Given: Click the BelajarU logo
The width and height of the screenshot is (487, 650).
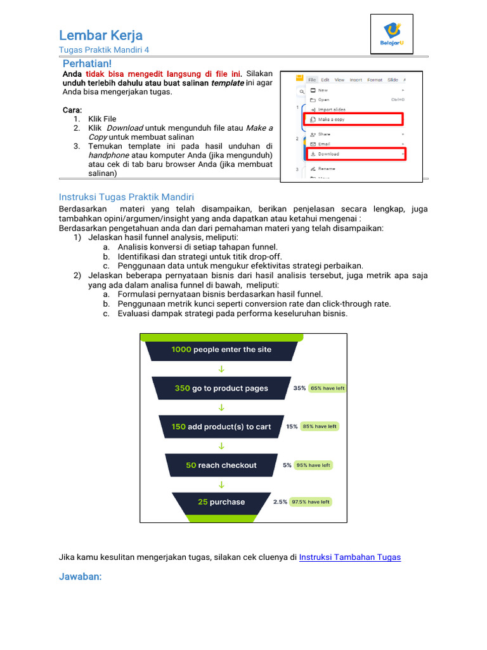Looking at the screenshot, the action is tap(391, 34).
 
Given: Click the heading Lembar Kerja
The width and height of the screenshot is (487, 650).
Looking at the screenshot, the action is tap(101, 35).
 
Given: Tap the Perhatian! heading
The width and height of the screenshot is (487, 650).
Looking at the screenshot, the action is tap(87, 63).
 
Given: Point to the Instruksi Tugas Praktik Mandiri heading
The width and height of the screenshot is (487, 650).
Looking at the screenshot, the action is tap(126, 197).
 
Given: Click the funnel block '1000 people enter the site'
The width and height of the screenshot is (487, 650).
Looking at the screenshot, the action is tap(221, 350).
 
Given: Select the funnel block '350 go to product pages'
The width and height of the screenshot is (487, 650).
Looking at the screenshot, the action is tap(221, 388).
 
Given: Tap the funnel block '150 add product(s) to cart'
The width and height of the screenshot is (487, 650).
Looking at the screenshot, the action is tap(221, 427).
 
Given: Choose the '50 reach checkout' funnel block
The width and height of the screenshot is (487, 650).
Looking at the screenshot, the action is tap(221, 465).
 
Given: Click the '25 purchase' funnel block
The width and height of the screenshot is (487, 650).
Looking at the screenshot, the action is tap(221, 501).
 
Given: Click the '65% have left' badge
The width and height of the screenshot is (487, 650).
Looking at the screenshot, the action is tap(327, 388).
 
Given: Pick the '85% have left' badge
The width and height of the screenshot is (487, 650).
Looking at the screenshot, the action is tap(320, 427).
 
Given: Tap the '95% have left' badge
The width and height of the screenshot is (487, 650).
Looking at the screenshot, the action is tap(313, 465).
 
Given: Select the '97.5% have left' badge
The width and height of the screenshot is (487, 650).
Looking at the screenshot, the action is tap(310, 501).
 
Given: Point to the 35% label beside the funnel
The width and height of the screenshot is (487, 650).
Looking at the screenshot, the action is tap(299, 388).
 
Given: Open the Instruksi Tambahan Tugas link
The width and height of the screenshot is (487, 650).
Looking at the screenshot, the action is tap(349, 557).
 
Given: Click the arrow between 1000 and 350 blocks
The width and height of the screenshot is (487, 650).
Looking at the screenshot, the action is tap(221, 369).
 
